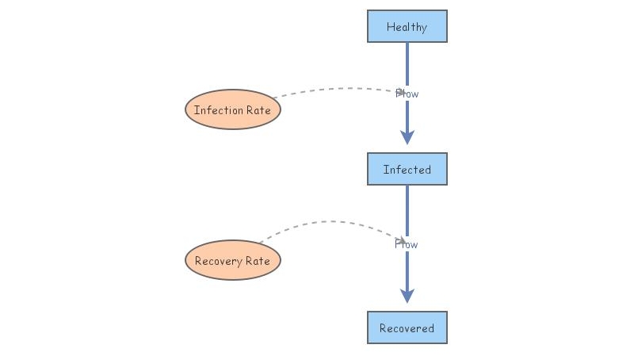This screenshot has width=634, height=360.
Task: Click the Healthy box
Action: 407,26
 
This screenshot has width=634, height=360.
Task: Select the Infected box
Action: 407,169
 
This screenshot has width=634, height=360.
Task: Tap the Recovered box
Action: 407,327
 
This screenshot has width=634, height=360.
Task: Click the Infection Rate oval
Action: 233,109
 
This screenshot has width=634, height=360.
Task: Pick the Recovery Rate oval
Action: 233,260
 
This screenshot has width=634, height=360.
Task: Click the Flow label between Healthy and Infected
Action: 407,94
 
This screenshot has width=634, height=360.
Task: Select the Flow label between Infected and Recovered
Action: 407,244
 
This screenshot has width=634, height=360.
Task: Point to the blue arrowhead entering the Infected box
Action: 407,136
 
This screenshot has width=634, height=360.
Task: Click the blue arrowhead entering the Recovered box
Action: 407,295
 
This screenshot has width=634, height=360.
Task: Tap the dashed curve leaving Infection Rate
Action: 333,89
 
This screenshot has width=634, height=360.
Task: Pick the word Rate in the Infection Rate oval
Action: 258,110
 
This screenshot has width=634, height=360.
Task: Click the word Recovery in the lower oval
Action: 217,261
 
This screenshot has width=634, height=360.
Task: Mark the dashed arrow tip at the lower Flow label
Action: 403,241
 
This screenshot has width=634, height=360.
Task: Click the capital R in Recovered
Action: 384,328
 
